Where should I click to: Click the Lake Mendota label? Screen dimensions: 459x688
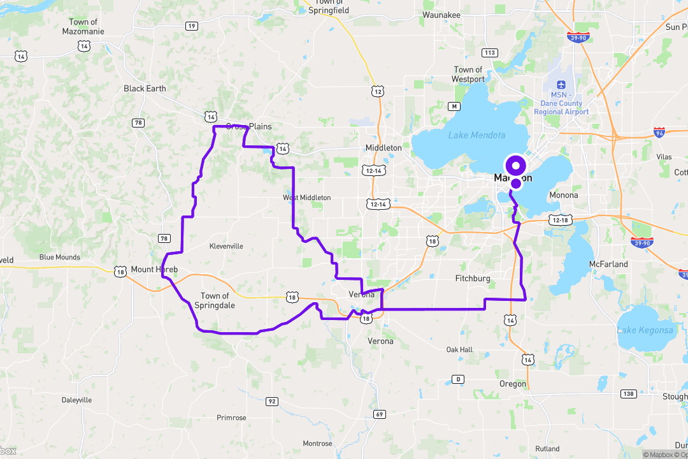coord(477,135)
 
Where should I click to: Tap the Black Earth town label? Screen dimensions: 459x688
coord(145,89)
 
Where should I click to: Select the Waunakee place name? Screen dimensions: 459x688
coord(441,15)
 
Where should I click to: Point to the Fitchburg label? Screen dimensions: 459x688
coord(473,279)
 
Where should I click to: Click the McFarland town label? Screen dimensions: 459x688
coord(608,264)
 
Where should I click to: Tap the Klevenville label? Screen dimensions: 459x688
coord(226,245)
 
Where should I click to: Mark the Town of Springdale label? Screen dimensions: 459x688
coord(215,300)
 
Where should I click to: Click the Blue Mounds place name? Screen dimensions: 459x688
coord(60,258)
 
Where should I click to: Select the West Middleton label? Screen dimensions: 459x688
coord(307,198)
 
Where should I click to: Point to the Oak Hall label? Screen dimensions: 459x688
coord(459,350)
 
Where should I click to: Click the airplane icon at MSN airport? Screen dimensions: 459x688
coord(561,84)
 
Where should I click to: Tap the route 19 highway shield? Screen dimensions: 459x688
coord(191,25)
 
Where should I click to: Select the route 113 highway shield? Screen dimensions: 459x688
coord(490,52)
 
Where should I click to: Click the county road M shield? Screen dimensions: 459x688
coord(454,106)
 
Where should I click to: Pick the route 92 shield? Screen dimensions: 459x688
coord(272,402)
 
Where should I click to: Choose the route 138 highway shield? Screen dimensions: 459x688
coord(629,394)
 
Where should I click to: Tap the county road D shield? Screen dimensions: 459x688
coord(457,379)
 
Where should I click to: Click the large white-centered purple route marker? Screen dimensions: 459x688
coord(515,165)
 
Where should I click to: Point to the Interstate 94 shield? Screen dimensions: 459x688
coord(659,133)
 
